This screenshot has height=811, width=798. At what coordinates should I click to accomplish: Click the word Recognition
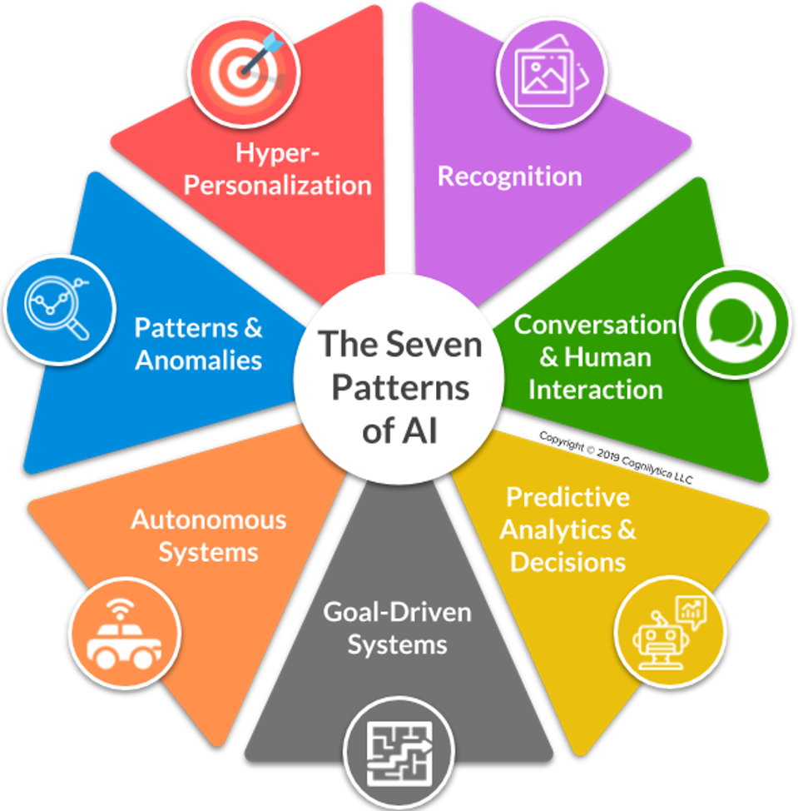(509, 177)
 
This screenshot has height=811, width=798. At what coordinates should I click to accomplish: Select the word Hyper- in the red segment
(266, 153)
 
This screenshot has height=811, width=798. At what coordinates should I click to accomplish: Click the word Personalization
(277, 184)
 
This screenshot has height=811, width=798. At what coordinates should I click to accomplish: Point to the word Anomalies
(199, 360)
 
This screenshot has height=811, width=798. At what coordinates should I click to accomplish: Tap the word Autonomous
(208, 520)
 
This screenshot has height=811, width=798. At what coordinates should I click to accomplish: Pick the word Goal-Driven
(397, 612)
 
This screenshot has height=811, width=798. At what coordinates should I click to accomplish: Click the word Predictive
(568, 497)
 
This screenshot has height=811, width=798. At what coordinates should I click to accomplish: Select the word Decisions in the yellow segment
(568, 561)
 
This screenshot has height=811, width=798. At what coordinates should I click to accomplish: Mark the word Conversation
(595, 324)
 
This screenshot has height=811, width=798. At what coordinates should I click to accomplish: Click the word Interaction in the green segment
(595, 389)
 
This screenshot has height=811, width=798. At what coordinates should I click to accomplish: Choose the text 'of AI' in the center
(400, 432)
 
